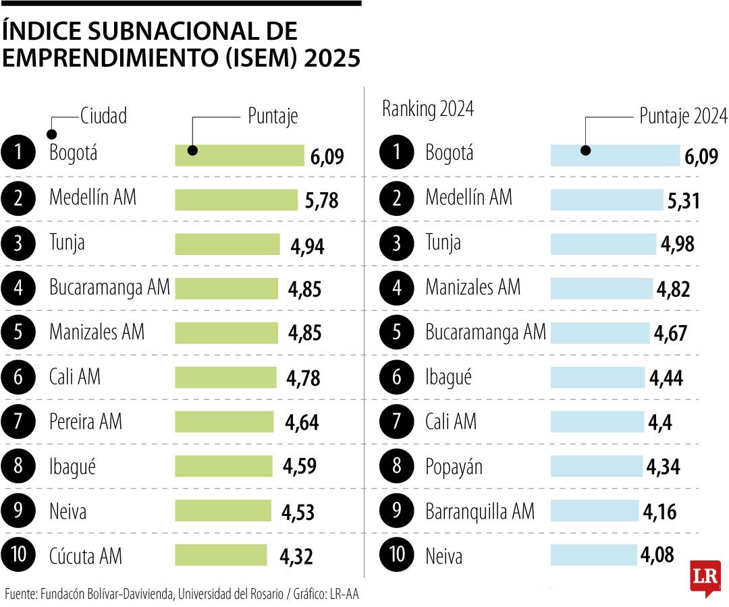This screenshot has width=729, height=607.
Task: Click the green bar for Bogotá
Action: click(240, 155)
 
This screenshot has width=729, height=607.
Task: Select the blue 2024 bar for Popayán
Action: click(596, 466)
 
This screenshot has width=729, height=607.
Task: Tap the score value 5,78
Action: click(321, 200)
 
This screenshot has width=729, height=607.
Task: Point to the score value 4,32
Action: click(296, 556)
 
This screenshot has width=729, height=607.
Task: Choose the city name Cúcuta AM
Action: click(86, 556)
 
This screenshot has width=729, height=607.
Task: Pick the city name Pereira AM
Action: click(86, 422)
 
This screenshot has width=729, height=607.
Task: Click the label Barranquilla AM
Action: click(479, 511)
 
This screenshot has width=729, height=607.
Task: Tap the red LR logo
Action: click(705, 577)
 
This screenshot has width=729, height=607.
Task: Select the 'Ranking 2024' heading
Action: click(428, 109)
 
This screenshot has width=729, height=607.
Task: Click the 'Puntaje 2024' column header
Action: click(683, 116)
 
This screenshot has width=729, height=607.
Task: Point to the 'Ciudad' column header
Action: click(103, 116)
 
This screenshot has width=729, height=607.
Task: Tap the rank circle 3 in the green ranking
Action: click(18, 243)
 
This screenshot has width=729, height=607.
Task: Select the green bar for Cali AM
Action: click(225, 377)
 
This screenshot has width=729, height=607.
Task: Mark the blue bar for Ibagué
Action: click(597, 377)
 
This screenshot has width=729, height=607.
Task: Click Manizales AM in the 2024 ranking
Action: click(473, 288)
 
